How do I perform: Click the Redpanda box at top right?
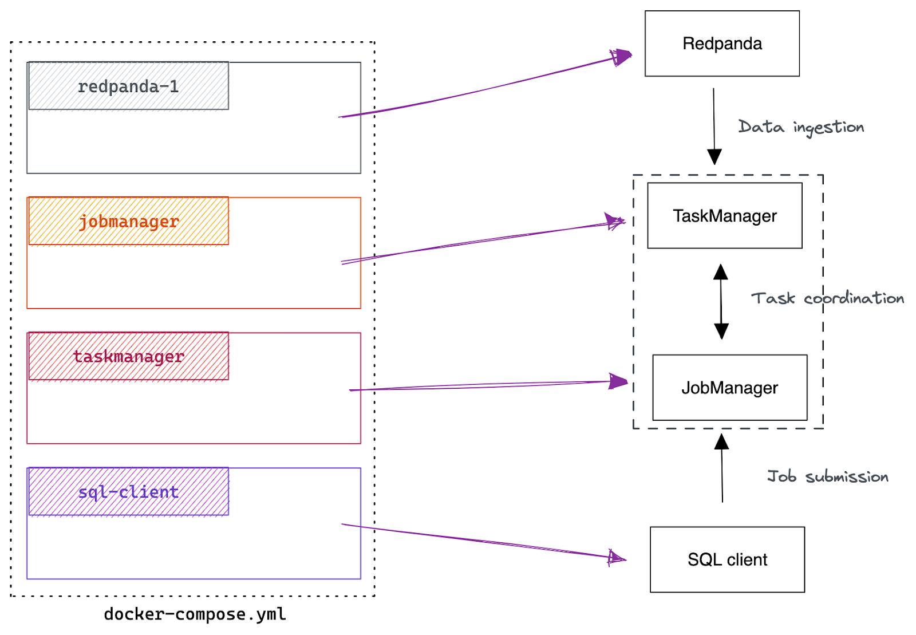pyautogui.click(x=721, y=44)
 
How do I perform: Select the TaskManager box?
pyautogui.click(x=724, y=216)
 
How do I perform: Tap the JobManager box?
pyautogui.click(x=729, y=388)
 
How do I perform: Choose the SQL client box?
pyautogui.click(x=727, y=559)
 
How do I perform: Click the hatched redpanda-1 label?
pyautogui.click(x=128, y=86)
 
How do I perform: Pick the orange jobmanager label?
pyautogui.click(x=128, y=222)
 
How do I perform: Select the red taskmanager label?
pyautogui.click(x=128, y=357)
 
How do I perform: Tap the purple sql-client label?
pyautogui.click(x=128, y=492)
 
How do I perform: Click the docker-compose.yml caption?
pyautogui.click(x=195, y=614)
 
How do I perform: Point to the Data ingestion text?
pyautogui.click(x=800, y=127)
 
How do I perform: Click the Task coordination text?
pyautogui.click(x=827, y=298)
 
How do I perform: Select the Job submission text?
pyautogui.click(x=827, y=476)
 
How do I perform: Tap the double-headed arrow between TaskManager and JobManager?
pyautogui.click(x=721, y=302)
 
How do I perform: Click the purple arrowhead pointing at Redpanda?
pyautogui.click(x=622, y=57)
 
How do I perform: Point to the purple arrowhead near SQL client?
pyautogui.click(x=617, y=557)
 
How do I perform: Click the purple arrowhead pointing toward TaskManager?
pyautogui.click(x=615, y=222)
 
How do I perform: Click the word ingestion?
pyautogui.click(x=828, y=128)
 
